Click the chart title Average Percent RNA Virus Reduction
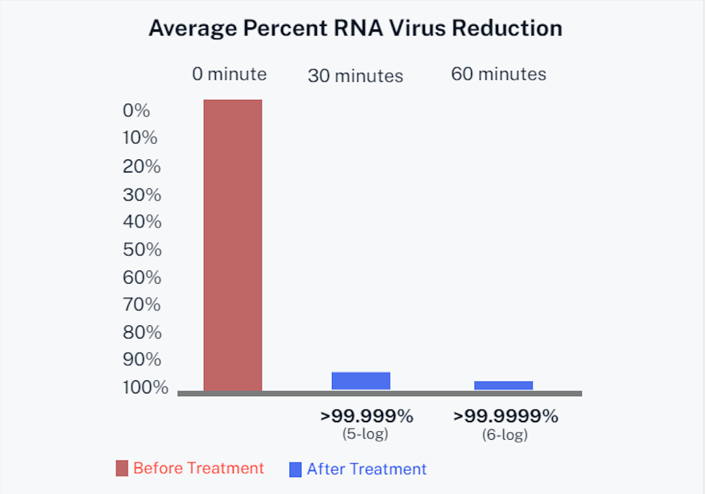click(x=355, y=29)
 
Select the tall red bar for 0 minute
click(x=233, y=245)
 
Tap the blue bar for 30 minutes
click(x=361, y=381)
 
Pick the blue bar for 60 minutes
click(x=503, y=386)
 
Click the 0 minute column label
click(x=229, y=74)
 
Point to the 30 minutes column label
click(x=356, y=76)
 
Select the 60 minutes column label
click(x=498, y=74)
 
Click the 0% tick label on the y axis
click(x=137, y=110)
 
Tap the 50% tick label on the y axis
click(x=142, y=250)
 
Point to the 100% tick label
click(x=145, y=387)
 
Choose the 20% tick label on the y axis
click(x=142, y=167)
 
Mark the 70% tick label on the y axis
click(x=142, y=305)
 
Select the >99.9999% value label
click(x=505, y=416)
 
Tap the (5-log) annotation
click(x=365, y=434)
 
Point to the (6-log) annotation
click(x=505, y=434)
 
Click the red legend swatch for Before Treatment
click(x=122, y=469)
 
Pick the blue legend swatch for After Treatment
click(x=295, y=469)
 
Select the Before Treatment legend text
click(x=199, y=468)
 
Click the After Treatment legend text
click(x=366, y=469)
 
